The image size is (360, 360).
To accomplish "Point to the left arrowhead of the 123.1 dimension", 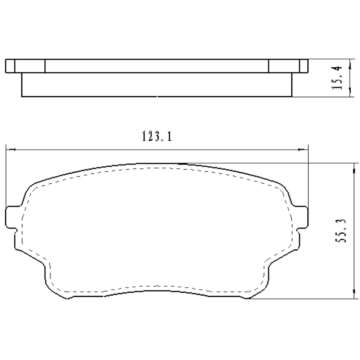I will tap(9, 148).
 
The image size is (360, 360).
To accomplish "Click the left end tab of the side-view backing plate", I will tap(10, 66).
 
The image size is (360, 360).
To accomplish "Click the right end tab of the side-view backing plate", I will tap(304, 66).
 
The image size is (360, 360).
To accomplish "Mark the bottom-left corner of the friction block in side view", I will tap(22, 96).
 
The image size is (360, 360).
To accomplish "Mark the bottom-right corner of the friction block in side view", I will tap(292, 96).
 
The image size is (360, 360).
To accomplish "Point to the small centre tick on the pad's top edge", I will tap(183, 163).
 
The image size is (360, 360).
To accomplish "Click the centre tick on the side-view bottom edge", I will tap(157, 96).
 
